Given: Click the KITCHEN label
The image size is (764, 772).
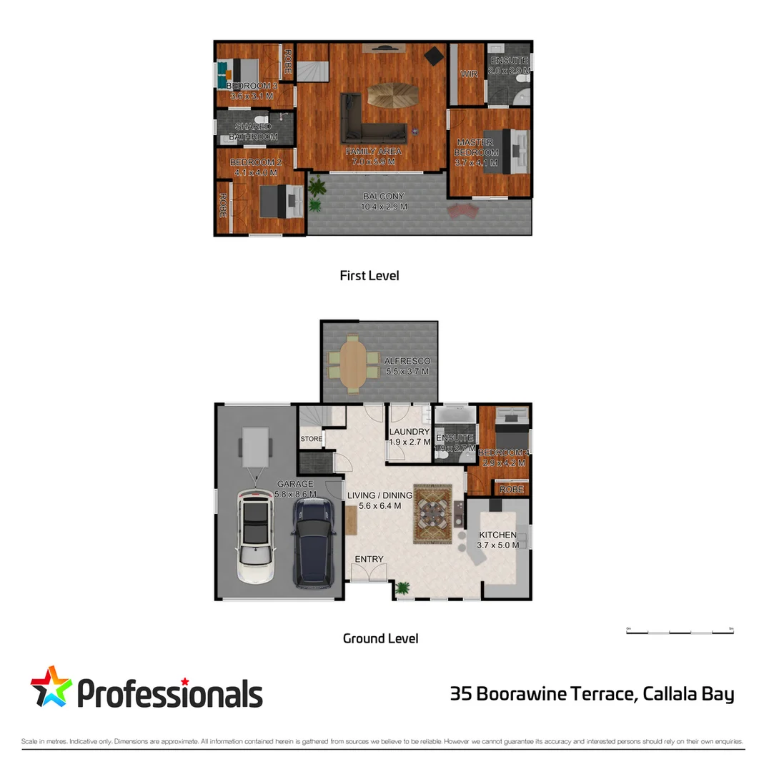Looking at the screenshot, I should [x=497, y=535].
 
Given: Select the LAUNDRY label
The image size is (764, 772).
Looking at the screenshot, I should [x=409, y=432].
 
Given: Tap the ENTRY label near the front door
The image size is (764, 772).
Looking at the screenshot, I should [x=369, y=559].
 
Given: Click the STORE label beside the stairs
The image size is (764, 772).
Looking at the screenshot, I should [x=311, y=439].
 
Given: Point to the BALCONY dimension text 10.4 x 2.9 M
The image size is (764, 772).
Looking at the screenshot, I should [x=384, y=207].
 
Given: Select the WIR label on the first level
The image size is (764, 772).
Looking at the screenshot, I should [x=469, y=74].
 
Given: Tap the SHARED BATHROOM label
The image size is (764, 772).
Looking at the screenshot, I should [x=253, y=132].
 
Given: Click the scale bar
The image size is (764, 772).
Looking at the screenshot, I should [x=680, y=632].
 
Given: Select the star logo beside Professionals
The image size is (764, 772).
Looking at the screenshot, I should [x=51, y=688].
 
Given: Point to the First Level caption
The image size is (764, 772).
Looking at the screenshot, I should [x=369, y=275].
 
